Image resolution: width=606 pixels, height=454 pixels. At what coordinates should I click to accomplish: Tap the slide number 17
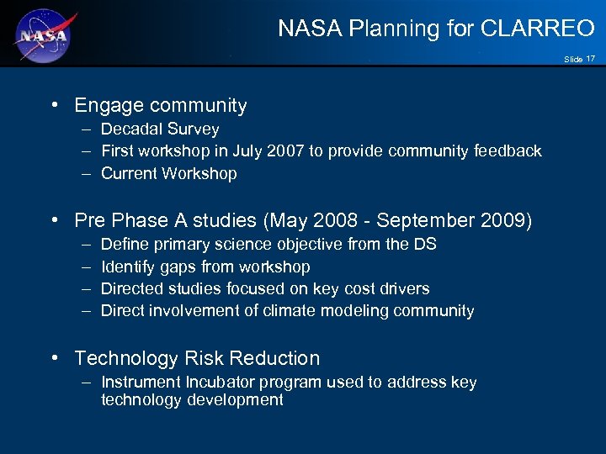click(x=591, y=59)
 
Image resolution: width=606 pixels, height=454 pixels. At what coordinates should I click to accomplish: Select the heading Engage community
click(x=160, y=106)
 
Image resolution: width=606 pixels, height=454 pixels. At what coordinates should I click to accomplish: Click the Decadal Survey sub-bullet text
click(x=160, y=129)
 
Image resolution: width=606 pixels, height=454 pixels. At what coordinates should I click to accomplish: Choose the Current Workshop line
click(x=168, y=173)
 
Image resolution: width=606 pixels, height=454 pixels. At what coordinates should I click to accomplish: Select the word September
click(x=415, y=220)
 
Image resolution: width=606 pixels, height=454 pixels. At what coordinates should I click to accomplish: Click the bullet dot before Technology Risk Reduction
click(x=55, y=358)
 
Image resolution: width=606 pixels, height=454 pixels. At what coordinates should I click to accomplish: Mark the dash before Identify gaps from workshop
click(x=87, y=267)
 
